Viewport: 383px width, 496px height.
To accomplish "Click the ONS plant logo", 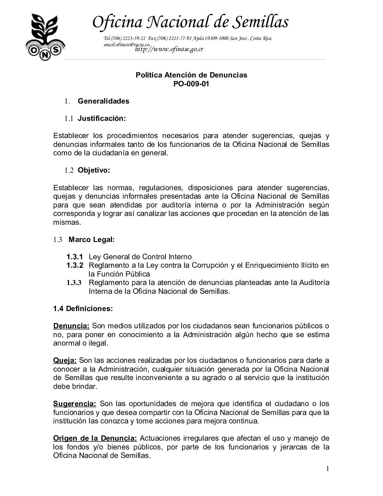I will (44, 37).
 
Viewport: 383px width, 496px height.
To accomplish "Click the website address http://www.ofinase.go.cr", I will (169, 49).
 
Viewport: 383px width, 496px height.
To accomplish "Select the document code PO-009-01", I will (191, 84).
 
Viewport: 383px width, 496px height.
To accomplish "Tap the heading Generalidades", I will (103, 101).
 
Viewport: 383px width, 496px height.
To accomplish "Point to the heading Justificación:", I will (101, 118).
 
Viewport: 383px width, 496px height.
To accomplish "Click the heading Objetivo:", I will (94, 170).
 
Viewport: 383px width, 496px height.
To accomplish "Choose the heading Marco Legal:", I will (92, 240).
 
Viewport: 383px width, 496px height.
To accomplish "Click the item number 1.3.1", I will (75, 256).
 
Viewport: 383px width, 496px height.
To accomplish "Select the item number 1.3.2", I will (75, 265).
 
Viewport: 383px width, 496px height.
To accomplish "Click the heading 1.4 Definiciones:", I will (83, 309).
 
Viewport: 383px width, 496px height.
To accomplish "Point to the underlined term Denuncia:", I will (71, 326).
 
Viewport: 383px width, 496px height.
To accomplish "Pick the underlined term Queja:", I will (65, 360).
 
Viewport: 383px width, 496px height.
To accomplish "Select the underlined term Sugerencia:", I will (75, 403).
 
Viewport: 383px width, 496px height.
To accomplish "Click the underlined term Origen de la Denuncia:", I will (95, 438).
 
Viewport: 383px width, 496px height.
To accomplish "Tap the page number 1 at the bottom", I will (327, 469).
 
